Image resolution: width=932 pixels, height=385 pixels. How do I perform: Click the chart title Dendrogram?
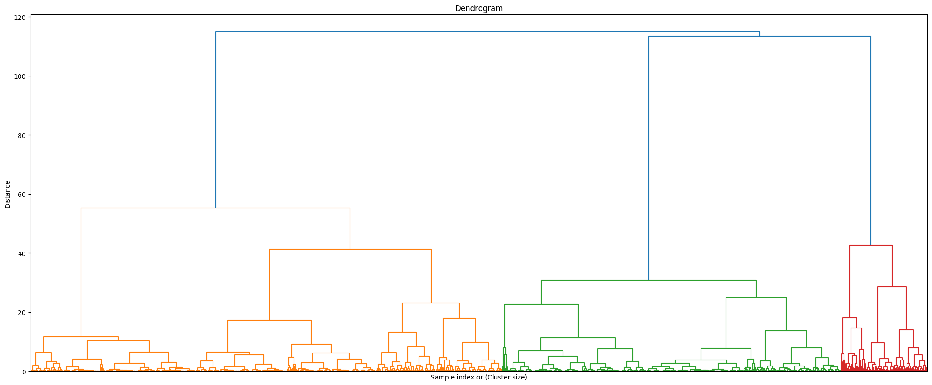coord(479,8)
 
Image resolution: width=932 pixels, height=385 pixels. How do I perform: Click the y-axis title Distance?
coord(7,194)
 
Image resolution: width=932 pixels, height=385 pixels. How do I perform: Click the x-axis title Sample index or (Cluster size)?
coord(479,378)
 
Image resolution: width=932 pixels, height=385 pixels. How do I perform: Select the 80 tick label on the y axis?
coord(21,135)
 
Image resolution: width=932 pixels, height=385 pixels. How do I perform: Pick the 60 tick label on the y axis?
coord(21,194)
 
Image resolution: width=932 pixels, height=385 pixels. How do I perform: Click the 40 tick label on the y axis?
coord(21,253)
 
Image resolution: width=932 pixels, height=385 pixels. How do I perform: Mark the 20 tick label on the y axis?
coord(21,312)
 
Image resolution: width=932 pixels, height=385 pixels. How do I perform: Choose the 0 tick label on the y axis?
coord(23,371)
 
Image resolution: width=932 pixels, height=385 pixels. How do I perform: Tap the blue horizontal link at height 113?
coord(759,36)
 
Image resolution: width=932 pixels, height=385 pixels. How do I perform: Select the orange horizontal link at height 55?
coord(215,208)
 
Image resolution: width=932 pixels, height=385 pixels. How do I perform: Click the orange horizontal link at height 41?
coord(350,249)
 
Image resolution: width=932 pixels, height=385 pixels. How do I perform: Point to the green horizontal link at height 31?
coord(648,280)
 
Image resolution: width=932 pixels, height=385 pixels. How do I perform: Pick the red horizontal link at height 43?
coord(870,245)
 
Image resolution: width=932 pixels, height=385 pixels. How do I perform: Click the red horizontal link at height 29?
coord(892,287)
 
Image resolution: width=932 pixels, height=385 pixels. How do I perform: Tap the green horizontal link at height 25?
coord(756,297)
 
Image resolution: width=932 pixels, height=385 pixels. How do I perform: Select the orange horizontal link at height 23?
coord(431,303)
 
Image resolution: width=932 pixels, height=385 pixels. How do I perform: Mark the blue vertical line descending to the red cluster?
coord(871,139)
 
